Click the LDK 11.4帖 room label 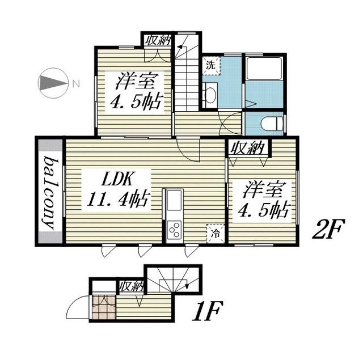pyautogui.click(x=117, y=189)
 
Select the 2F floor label pyautogui.click(x=328, y=228)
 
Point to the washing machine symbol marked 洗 pyautogui.click(x=211, y=66)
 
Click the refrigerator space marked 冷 pyautogui.click(x=216, y=234)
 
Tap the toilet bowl pyautogui.click(x=272, y=124)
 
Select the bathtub pyautogui.click(x=264, y=69)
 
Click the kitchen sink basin pyautogui.click(x=174, y=200)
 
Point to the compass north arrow pyautogui.click(x=54, y=83)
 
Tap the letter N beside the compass pyautogui.click(x=75, y=83)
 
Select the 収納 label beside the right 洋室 pyautogui.click(x=248, y=148)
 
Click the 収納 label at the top pyautogui.click(x=158, y=41)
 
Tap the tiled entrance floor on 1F pyautogui.click(x=104, y=307)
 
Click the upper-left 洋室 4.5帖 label pyautogui.click(x=135, y=91)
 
